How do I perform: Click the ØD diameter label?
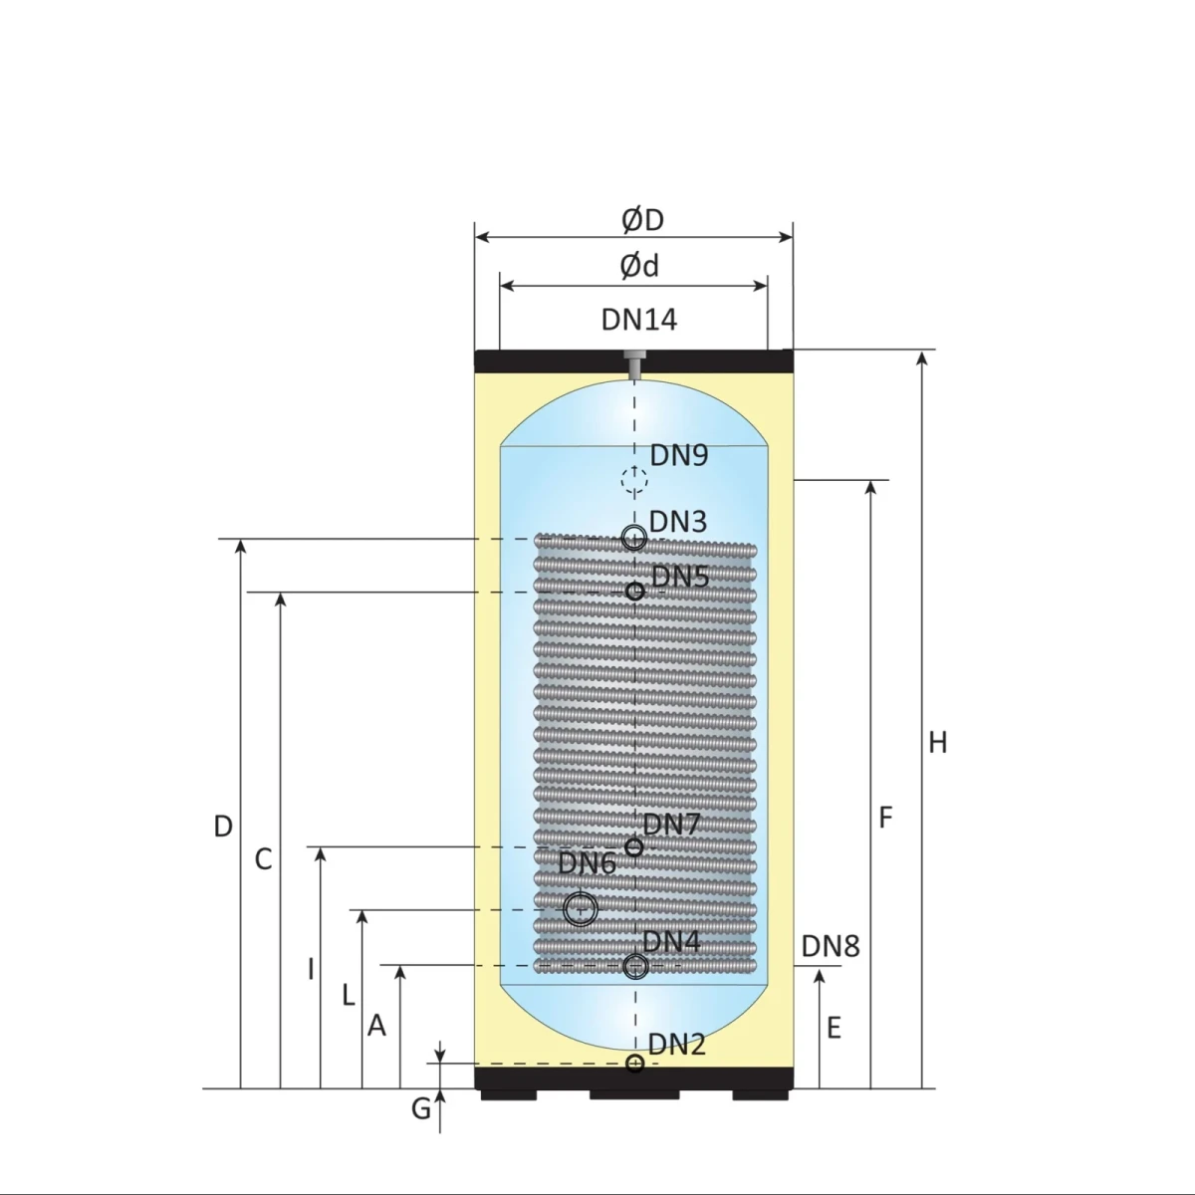pyautogui.click(x=642, y=220)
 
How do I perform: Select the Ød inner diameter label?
pyautogui.click(x=639, y=266)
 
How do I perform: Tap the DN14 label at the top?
pyautogui.click(x=638, y=320)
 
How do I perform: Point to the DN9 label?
pyautogui.click(x=678, y=455)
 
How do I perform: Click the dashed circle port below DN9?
pyautogui.click(x=634, y=480)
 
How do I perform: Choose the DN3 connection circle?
pyautogui.click(x=634, y=539)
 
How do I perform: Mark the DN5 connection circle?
pyautogui.click(x=635, y=592)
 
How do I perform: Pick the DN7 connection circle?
pyautogui.click(x=634, y=847)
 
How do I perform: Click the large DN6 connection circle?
pyautogui.click(x=580, y=909)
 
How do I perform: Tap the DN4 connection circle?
pyautogui.click(x=635, y=966)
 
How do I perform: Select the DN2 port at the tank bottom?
pyautogui.click(x=635, y=1064)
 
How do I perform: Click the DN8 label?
pyautogui.click(x=830, y=946)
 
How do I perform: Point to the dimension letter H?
pyautogui.click(x=937, y=743)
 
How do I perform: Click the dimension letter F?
pyautogui.click(x=885, y=819)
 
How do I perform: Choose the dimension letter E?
pyautogui.click(x=834, y=1028)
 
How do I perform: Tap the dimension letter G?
pyautogui.click(x=421, y=1108)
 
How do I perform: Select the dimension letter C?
pyautogui.click(x=263, y=859)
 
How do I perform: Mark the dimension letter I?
pyautogui.click(x=311, y=969)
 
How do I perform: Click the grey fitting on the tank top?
pyautogui.click(x=633, y=362)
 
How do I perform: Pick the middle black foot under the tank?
pyautogui.click(x=634, y=1094)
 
